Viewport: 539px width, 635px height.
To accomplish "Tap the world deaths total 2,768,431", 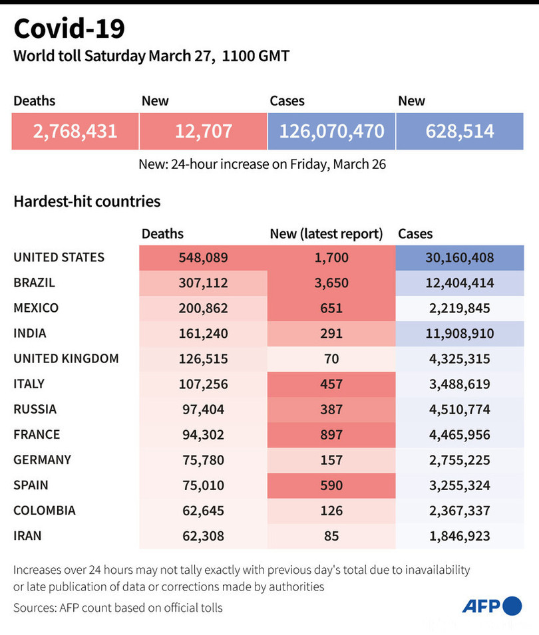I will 75,130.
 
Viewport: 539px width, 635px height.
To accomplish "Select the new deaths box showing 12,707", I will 203,130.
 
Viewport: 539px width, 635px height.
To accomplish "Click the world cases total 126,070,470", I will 331,130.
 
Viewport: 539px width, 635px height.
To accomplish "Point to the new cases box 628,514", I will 460,130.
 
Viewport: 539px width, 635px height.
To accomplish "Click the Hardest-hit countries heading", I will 87,201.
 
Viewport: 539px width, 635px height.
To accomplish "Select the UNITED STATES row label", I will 59,257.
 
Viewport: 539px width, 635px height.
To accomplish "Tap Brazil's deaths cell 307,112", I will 203,283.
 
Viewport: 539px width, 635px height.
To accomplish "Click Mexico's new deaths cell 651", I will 331,308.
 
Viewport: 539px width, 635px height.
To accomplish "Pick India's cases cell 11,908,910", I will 460,333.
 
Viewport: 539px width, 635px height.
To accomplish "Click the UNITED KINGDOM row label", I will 66,358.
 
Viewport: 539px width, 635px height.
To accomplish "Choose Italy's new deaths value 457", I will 331,384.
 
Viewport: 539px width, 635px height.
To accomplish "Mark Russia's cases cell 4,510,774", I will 460,409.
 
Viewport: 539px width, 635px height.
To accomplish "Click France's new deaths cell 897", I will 331,434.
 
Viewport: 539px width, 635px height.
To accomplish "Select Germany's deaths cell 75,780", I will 203,459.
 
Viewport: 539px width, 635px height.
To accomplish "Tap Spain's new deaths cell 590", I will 331,485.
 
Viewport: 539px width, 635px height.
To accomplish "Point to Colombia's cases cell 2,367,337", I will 460,510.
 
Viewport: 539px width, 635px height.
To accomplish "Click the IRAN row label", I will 28,535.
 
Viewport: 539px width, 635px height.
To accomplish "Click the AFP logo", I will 492,606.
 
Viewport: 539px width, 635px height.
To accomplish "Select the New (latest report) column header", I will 326,233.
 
